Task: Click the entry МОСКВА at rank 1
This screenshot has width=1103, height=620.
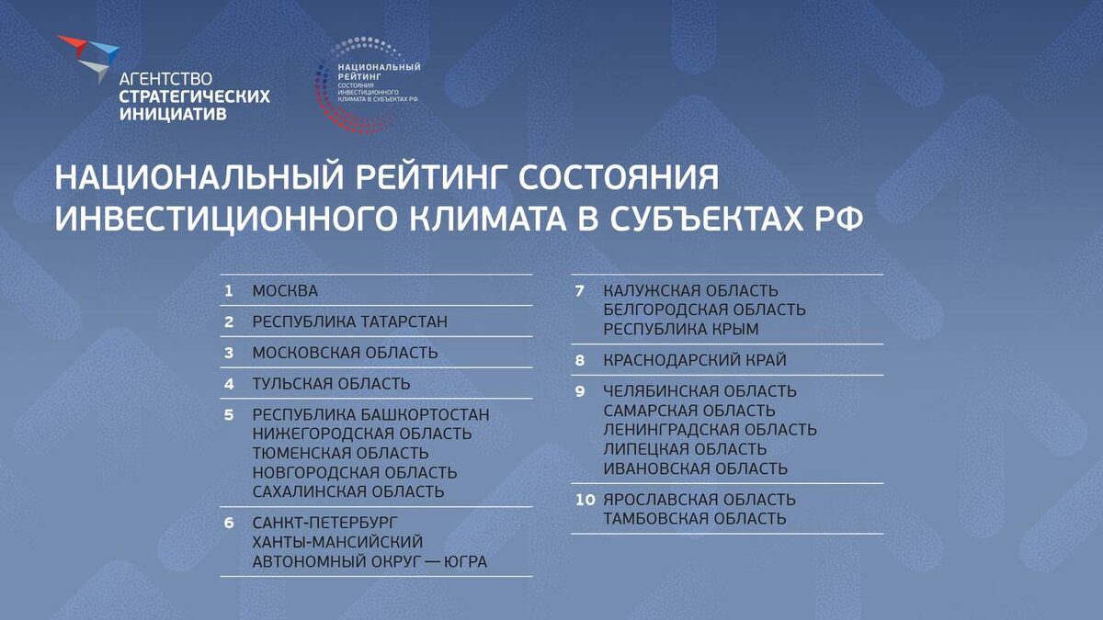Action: (x=285, y=291)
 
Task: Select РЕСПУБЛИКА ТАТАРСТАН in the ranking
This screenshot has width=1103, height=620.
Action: (x=350, y=322)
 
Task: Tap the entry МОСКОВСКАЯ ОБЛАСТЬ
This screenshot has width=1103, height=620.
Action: (x=345, y=353)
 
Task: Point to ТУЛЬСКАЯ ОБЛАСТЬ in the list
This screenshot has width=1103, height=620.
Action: (x=331, y=384)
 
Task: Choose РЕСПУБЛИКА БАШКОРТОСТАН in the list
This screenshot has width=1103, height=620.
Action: (x=370, y=415)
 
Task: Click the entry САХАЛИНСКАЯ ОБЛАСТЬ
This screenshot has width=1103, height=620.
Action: (x=348, y=491)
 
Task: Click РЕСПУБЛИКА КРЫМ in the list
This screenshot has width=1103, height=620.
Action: (x=681, y=329)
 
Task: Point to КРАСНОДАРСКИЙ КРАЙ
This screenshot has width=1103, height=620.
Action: (x=695, y=360)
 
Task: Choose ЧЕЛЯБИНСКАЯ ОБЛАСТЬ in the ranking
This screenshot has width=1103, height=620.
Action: (x=699, y=391)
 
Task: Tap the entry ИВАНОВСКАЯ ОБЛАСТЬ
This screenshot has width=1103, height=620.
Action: (x=695, y=468)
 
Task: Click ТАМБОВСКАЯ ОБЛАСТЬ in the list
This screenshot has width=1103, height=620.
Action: (x=694, y=519)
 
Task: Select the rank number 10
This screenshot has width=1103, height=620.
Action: (x=584, y=501)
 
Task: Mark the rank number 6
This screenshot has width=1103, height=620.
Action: (x=229, y=523)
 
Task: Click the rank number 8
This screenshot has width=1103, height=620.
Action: (x=580, y=360)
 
